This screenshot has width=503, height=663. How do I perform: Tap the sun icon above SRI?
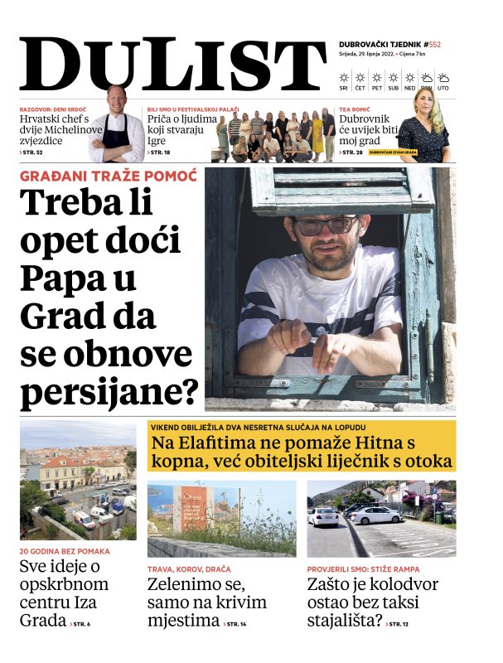344,77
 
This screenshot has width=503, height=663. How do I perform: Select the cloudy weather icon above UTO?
443,77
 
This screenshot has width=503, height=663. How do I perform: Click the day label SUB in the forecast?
393,88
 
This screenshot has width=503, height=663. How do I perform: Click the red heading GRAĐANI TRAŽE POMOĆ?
108,177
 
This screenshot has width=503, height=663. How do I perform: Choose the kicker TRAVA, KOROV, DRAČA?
189,569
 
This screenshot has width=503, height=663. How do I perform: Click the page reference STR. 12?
400,623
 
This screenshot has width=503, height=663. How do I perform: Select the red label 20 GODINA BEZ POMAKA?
65,550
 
